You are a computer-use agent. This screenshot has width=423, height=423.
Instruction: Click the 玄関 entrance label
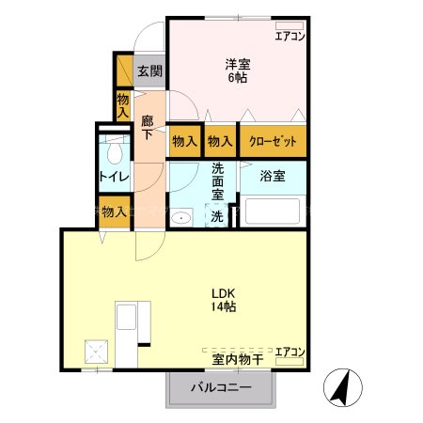point(149,70)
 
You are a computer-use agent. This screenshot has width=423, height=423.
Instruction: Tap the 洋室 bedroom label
point(237,64)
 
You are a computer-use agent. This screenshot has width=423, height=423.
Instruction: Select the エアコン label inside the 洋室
point(289,37)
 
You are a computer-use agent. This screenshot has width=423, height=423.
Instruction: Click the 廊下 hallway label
point(149,127)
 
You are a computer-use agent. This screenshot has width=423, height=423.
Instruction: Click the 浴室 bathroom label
point(272,175)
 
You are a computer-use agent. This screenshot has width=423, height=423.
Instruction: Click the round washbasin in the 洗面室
point(182,217)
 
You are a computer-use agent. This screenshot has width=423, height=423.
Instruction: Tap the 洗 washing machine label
point(216,215)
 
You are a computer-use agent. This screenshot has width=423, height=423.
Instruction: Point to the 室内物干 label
point(238,357)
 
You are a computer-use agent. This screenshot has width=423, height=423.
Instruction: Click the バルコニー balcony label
point(222,387)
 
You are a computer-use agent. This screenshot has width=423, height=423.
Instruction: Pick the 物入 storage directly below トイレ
point(114,211)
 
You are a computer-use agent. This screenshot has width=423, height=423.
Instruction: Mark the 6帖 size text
point(237,78)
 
